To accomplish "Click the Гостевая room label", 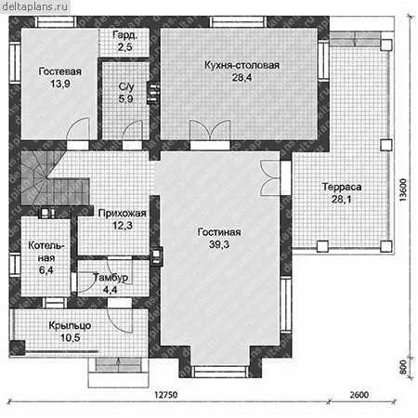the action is (x=60, y=72).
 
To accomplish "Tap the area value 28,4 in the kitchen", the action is (x=242, y=77).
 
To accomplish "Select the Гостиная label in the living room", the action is (x=219, y=232).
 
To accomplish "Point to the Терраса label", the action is (x=342, y=187).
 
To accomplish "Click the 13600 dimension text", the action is (x=402, y=190).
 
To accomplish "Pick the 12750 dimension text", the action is (x=166, y=395).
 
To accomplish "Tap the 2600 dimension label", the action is (x=359, y=395).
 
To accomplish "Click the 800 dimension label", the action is (x=403, y=367).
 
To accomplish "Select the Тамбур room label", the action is (x=111, y=278).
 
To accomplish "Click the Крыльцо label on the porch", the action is (x=70, y=326).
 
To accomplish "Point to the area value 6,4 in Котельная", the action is (x=46, y=270).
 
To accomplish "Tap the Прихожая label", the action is (x=122, y=213).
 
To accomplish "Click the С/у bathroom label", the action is (x=126, y=87).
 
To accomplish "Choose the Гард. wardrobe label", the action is (x=125, y=35).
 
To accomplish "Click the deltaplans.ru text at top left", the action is (x=34, y=7).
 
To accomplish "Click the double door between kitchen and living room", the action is (x=210, y=130).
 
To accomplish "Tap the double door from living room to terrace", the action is (x=270, y=178).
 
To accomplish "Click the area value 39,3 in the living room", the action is (x=219, y=244).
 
